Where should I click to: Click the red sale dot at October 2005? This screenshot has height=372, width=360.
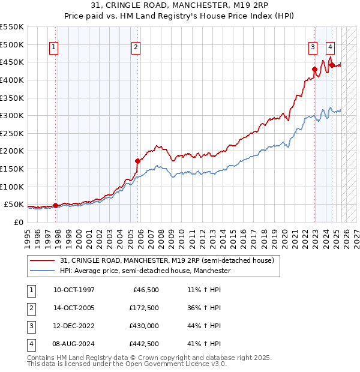click(137, 161)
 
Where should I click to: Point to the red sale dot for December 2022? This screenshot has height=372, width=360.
click(314, 69)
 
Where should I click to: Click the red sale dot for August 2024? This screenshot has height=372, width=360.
click(332, 65)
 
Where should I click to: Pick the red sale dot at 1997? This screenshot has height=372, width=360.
click(56, 205)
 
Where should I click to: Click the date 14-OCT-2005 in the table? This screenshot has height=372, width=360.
click(74, 308)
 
